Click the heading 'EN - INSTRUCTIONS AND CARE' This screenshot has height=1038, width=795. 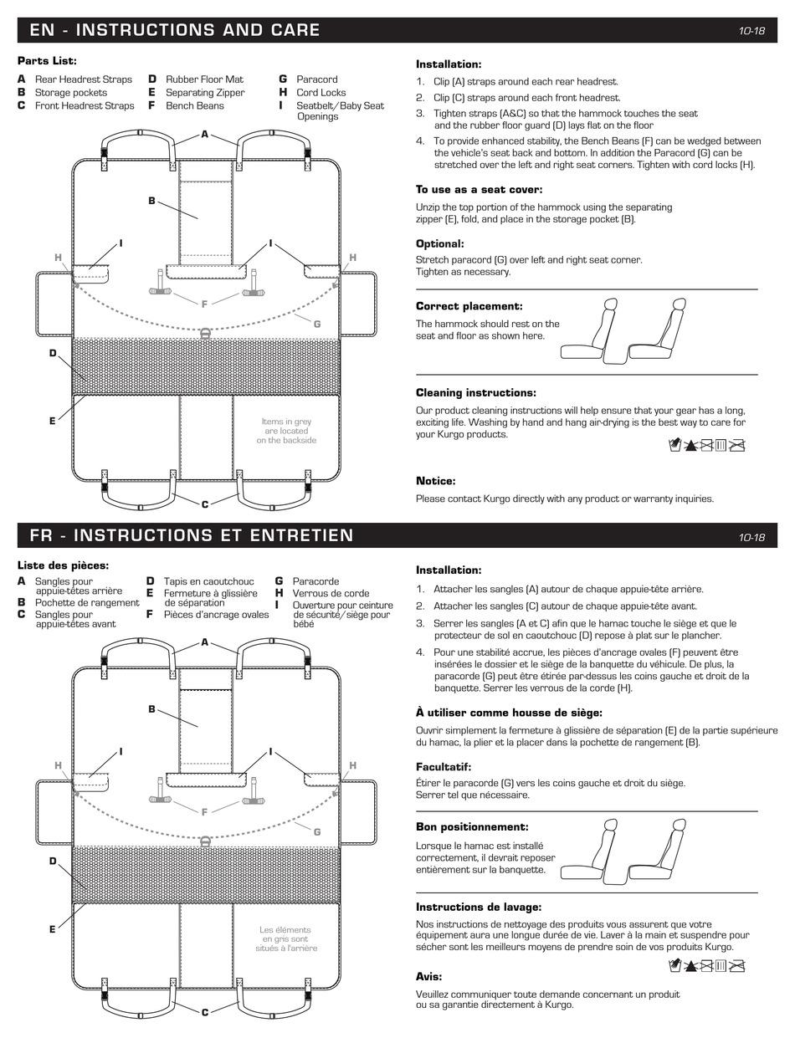tap(174, 30)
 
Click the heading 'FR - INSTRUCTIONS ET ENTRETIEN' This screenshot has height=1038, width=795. tap(191, 535)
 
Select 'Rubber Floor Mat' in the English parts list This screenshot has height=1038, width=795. tap(204, 79)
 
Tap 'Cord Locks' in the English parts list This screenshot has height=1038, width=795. tap(321, 93)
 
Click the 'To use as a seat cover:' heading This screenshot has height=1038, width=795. tap(479, 190)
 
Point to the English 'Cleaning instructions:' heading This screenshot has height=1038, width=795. tap(476, 392)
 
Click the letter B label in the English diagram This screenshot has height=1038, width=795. tap(151, 201)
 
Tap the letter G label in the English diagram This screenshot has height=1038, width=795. tap(316, 324)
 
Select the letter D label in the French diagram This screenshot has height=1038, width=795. tap(53, 861)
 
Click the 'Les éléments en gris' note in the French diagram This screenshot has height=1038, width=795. tap(285, 938)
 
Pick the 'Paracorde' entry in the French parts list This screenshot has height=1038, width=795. tap(315, 581)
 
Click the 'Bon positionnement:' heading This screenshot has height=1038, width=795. tap(472, 827)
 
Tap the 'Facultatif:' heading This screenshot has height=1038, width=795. tap(444, 767)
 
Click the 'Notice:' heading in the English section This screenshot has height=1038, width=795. tap(435, 481)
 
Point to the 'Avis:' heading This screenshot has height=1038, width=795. tap(428, 976)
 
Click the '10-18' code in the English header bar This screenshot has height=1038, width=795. tap(751, 31)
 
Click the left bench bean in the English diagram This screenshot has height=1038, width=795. tap(160, 283)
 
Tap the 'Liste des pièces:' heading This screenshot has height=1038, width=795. tap(63, 565)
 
